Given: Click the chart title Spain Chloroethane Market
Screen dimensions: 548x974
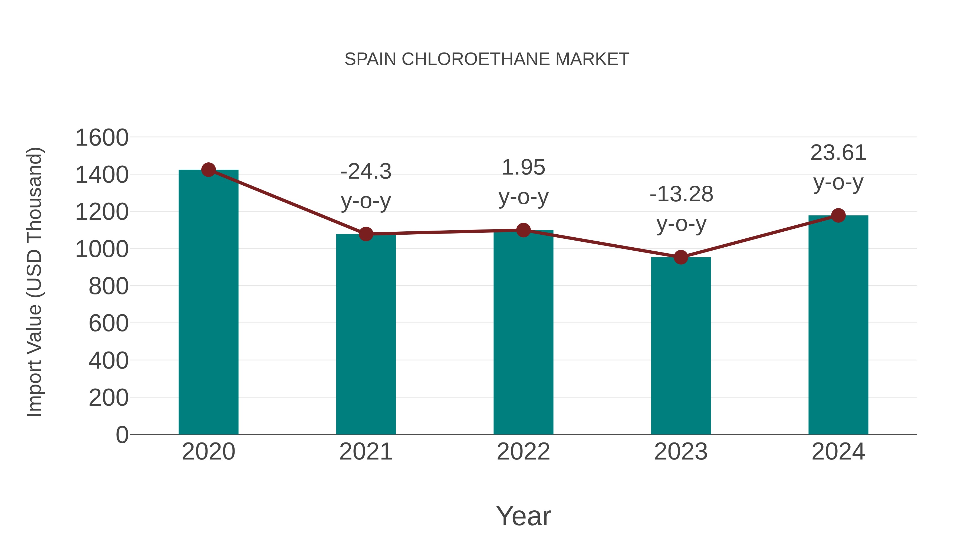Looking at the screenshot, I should pos(487,59).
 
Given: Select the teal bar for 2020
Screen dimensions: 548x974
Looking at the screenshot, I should pos(208,303).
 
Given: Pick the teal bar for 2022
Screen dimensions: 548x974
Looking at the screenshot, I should pos(523,333).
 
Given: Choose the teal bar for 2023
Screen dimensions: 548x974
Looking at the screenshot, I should pos(681,346).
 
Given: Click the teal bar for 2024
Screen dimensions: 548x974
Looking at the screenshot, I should pos(838,325).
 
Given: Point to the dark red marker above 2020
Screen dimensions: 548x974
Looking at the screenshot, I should pos(208,170).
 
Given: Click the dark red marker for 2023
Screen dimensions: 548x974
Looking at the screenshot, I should pos(681,258).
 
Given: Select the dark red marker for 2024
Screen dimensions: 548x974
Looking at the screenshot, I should pos(838,216).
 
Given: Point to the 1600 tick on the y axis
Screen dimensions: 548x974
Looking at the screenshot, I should pos(102,138).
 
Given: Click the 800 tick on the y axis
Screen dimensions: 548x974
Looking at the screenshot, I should pos(108,286).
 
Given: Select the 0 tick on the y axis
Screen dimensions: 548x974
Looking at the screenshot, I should pos(122,435).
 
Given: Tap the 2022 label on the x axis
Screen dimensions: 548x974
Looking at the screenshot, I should pos(523,452).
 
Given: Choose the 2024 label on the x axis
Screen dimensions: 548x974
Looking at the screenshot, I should pos(838,452).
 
